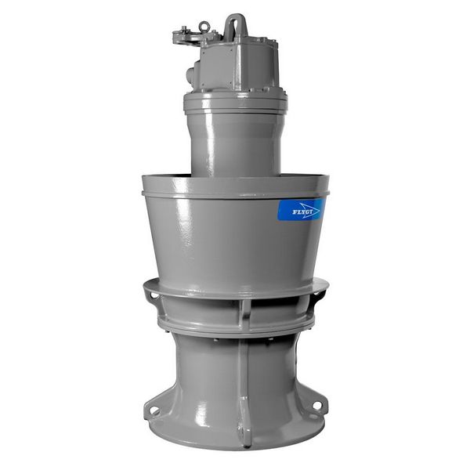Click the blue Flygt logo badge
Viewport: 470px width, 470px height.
pyautogui.click(x=302, y=209)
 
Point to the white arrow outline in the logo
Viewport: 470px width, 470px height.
pyautogui.click(x=309, y=210)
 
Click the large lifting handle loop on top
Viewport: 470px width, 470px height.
pyautogui.click(x=236, y=25)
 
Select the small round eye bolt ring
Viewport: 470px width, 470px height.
pyautogui.click(x=204, y=26)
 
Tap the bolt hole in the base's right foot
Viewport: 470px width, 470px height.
pyautogui.click(x=316, y=405)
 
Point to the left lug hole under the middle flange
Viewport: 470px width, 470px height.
pyautogui.click(x=154, y=296)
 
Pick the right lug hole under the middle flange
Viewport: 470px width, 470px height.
pyautogui.click(x=317, y=292)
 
